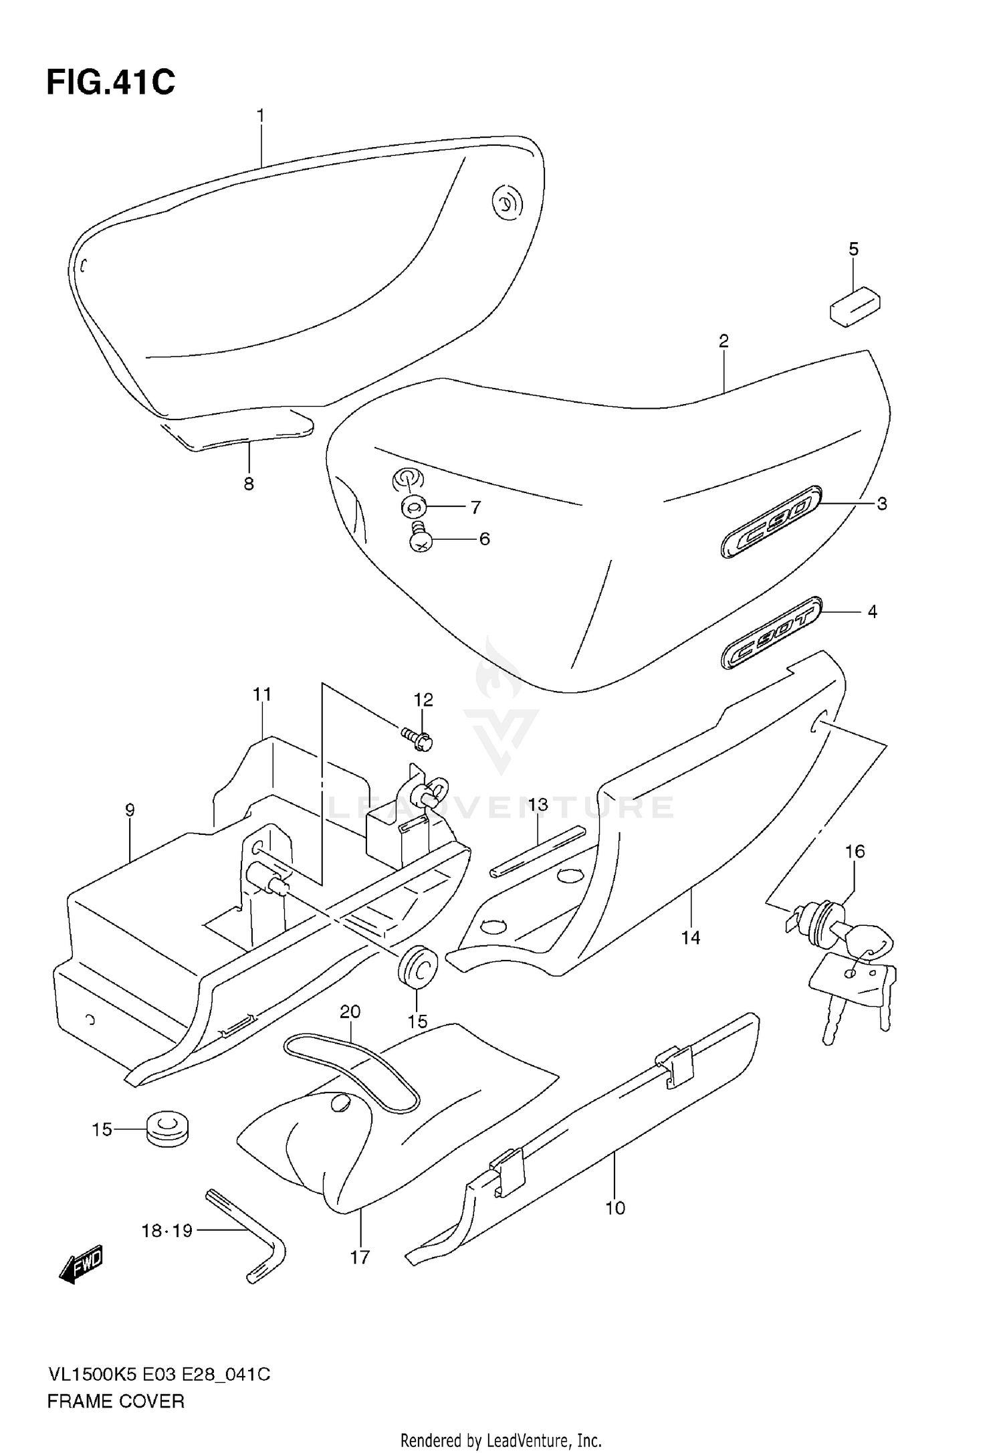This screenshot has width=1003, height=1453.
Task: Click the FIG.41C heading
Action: point(110,83)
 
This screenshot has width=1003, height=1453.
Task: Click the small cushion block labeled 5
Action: point(855,306)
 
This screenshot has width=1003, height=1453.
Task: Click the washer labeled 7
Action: point(413,506)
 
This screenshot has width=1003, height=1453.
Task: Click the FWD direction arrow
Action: point(80,1264)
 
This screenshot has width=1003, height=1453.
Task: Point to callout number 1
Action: point(261,116)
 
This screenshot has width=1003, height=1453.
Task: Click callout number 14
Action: point(690,938)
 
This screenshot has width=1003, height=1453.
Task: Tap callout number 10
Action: point(615,1207)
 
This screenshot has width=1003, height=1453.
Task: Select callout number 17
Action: point(360,1258)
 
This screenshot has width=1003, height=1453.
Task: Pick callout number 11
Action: point(262,694)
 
